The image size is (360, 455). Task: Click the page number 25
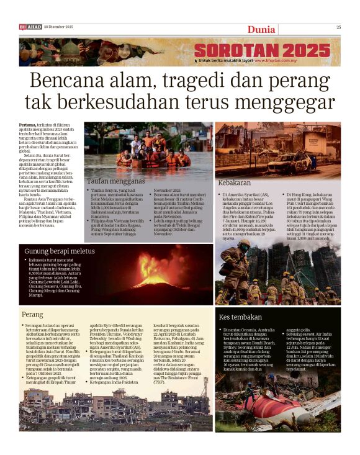(339, 27)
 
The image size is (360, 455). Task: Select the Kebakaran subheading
(235, 183)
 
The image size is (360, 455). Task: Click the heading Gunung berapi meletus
(60, 251)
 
